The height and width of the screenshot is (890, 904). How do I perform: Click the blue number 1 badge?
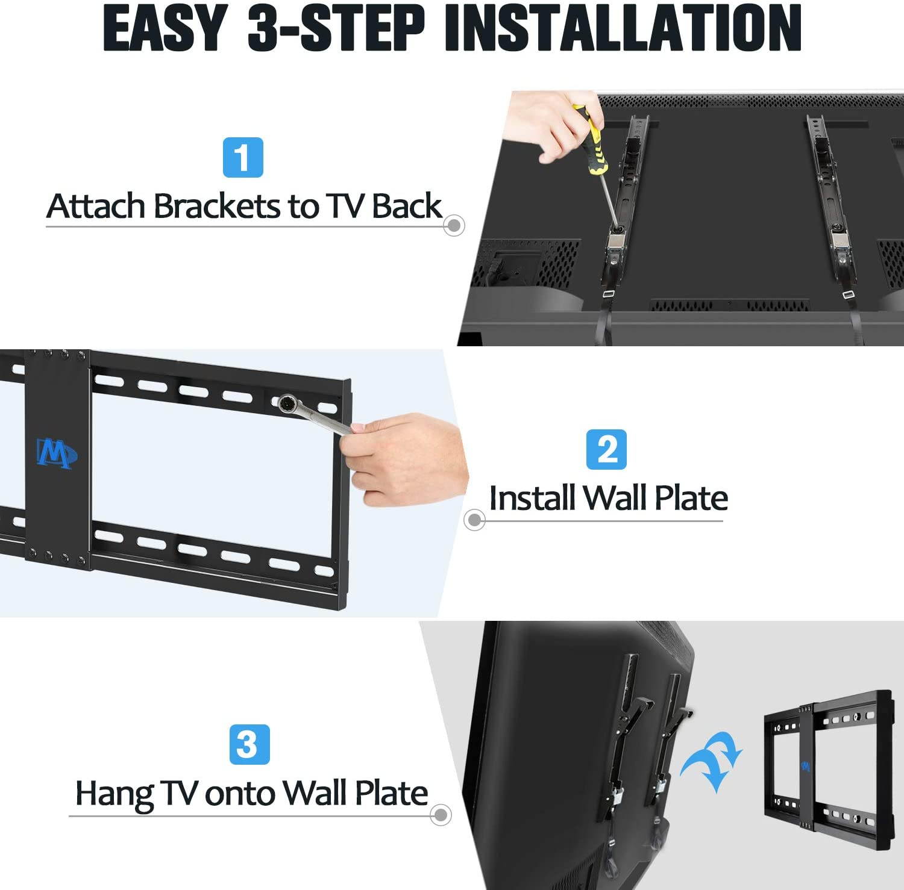(x=243, y=157)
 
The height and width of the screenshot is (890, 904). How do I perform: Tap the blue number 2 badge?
(x=606, y=449)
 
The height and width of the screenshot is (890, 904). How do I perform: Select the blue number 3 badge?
(x=249, y=744)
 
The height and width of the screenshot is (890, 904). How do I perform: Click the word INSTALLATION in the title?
(x=623, y=28)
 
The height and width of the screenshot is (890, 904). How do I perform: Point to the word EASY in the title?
(x=165, y=28)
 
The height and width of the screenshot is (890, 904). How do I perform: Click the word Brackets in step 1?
(x=217, y=206)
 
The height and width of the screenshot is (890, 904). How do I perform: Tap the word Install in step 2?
(x=532, y=498)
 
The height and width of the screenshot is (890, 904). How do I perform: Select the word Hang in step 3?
(x=113, y=793)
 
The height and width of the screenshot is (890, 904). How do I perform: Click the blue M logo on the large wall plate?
(x=56, y=453)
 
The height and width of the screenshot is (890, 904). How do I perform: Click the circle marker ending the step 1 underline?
(x=453, y=225)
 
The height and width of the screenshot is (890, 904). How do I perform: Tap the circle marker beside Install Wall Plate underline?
(x=474, y=519)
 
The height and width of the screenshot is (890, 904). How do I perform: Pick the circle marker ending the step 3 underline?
(x=441, y=815)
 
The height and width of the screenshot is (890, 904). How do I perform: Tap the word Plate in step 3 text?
(x=391, y=793)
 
